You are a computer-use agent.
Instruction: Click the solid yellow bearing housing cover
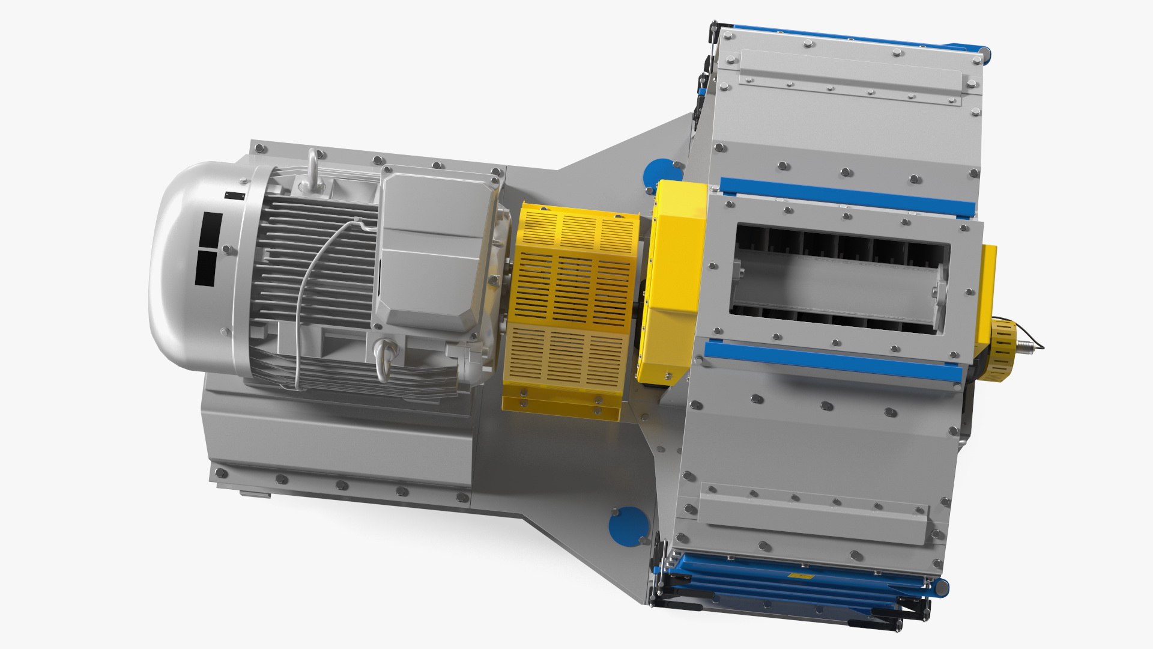676,282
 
